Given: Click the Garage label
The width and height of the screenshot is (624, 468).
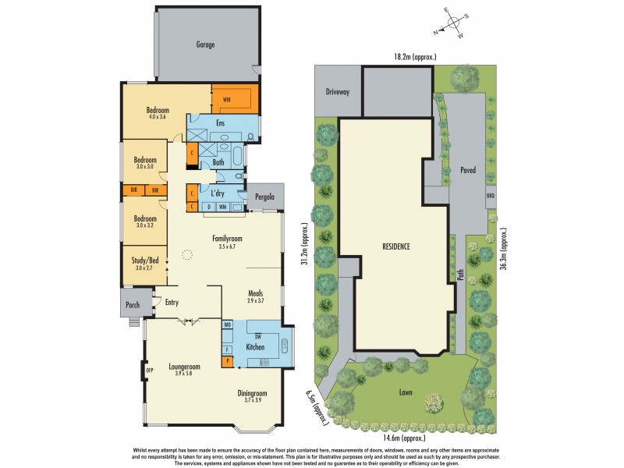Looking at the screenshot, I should [x=205, y=44].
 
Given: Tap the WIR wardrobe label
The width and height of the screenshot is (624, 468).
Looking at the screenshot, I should [x=227, y=100].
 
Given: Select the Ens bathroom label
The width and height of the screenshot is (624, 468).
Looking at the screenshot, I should [x=221, y=123].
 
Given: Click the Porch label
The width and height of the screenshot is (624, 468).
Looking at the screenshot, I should [x=133, y=304].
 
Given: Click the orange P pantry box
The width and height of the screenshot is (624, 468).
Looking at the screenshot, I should [x=227, y=360].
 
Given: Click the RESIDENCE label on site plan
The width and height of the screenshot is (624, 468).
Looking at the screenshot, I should [x=396, y=246].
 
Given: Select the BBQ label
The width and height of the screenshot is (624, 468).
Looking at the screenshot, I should [x=490, y=196].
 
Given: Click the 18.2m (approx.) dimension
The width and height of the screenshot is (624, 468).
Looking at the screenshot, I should [x=414, y=57].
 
